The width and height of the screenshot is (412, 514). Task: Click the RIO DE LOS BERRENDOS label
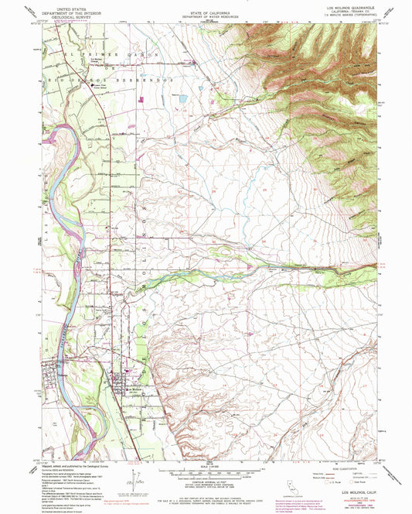(104, 79)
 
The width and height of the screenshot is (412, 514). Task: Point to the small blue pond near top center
(182, 99)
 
